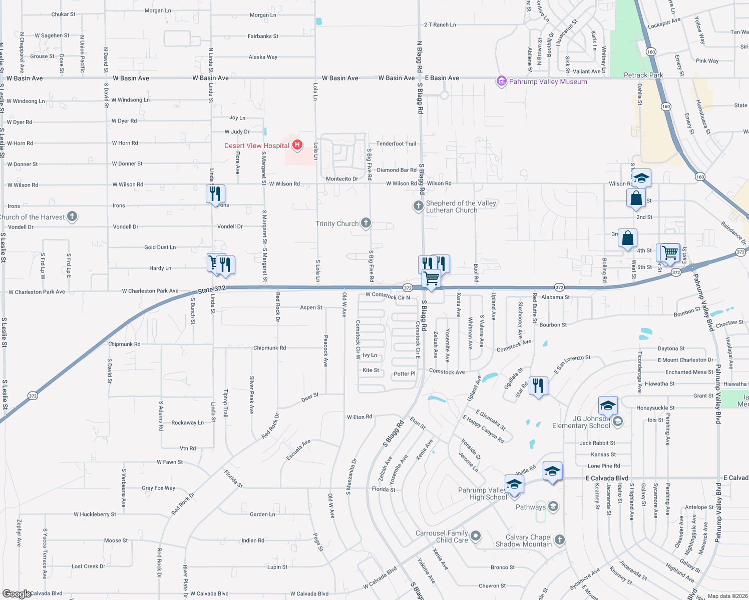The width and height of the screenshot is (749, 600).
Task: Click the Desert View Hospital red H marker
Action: (297, 145)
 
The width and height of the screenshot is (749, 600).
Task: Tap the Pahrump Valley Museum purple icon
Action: (501, 81)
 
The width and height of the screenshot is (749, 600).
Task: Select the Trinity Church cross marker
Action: (366, 223)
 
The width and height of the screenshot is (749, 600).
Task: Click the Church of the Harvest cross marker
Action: (72, 216)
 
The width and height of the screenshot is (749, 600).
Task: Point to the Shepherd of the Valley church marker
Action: (418, 206)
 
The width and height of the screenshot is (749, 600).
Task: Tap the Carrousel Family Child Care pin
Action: (476, 536)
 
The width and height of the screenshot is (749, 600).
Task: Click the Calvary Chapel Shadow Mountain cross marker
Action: (560, 539)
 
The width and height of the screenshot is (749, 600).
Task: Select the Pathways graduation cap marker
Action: (553, 506)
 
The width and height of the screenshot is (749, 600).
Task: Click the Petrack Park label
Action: (643, 75)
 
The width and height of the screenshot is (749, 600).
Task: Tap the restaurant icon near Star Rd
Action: (538, 386)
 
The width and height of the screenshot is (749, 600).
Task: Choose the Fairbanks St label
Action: (263, 36)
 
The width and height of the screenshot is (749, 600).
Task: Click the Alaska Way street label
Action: (263, 57)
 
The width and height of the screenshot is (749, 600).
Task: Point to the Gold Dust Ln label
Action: (160, 247)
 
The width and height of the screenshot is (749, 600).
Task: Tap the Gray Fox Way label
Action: (158, 488)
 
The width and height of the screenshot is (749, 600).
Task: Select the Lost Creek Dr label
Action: (88, 566)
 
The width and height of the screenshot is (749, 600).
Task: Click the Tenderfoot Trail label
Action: (396, 143)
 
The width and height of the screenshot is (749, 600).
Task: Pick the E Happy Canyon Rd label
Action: (483, 429)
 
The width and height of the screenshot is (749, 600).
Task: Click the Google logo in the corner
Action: (17, 594)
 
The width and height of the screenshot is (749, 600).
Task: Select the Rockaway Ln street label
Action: (187, 422)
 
